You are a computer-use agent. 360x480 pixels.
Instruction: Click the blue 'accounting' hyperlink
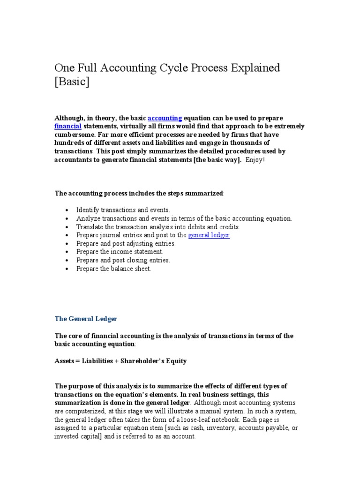point(165,118)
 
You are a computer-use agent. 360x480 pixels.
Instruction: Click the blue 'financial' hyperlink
point(68,127)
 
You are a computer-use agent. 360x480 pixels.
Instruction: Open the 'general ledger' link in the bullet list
point(209,235)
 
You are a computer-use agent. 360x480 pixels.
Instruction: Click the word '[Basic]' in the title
point(72,82)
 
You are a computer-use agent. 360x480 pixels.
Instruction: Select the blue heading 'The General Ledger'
point(86,319)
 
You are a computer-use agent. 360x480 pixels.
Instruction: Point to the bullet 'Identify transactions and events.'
point(123,210)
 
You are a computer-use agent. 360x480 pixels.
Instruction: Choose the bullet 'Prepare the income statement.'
point(120,252)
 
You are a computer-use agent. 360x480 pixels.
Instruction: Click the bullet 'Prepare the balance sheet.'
point(114,269)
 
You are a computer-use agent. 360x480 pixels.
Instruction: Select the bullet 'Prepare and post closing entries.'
point(123,261)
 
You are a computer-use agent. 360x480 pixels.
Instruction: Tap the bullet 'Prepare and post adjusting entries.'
point(126,244)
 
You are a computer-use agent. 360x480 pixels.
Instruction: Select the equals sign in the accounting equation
point(79,361)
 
